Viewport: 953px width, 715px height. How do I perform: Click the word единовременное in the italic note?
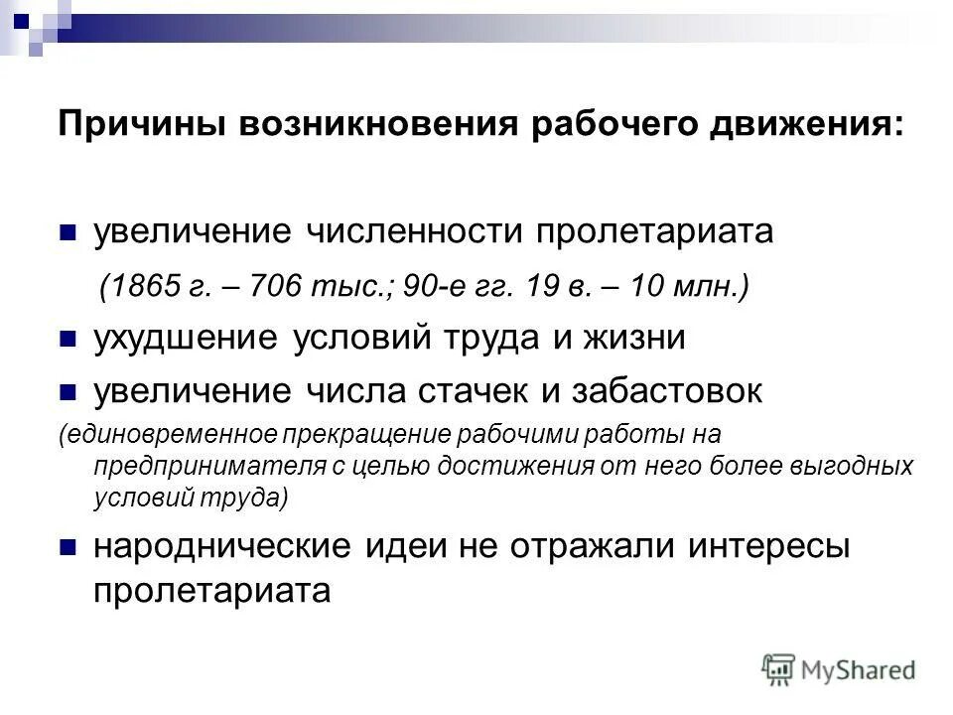point(170,435)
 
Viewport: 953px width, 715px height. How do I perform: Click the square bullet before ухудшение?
point(68,340)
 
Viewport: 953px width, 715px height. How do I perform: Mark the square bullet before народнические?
point(68,547)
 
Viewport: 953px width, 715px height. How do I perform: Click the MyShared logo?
point(838,669)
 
